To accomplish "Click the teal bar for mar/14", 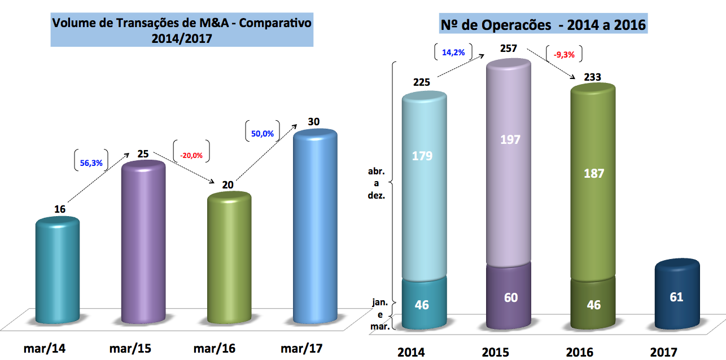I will (x=58, y=271).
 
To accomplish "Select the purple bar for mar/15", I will (x=144, y=243).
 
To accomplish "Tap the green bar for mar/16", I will (x=229, y=260).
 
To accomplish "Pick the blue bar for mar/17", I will (x=315, y=226).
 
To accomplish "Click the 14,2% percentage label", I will (x=453, y=52).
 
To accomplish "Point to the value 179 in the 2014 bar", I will (x=422, y=155).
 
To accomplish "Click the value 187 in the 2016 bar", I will (x=593, y=173).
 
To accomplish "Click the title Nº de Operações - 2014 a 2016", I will (x=543, y=25).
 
